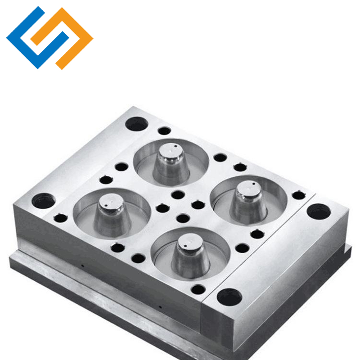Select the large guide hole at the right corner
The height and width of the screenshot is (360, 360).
pos(318,211)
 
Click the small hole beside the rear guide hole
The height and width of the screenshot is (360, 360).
pos(164,131)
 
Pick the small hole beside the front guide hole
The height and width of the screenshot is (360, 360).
pos(198,288)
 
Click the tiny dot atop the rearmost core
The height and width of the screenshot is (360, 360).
pos(174,147)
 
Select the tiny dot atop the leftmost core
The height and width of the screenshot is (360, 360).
pos(109,201)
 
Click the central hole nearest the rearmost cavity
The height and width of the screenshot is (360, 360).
pos(178,195)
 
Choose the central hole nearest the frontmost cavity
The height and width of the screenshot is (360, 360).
pos(183,219)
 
